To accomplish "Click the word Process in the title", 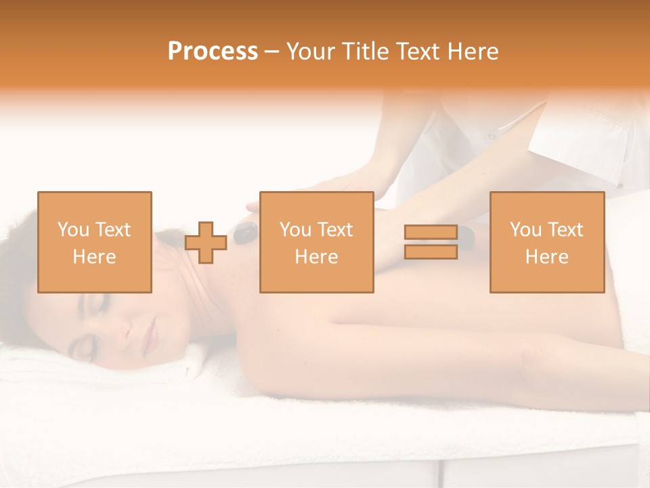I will pyautogui.click(x=213, y=52).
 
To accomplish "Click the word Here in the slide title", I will pyautogui.click(x=472, y=52).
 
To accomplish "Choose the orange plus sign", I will pyautogui.click(x=206, y=243).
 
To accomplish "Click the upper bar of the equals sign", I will pyautogui.click(x=431, y=232).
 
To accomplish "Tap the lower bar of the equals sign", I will pyautogui.click(x=431, y=251).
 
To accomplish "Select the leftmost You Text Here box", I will pyautogui.click(x=94, y=242).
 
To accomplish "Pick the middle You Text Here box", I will pyautogui.click(x=316, y=242).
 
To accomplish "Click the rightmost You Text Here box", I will pyautogui.click(x=546, y=242).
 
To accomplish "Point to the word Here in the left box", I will pyautogui.click(x=94, y=256).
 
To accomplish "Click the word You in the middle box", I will pyautogui.click(x=295, y=230).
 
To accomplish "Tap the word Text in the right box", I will pyautogui.click(x=566, y=230).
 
